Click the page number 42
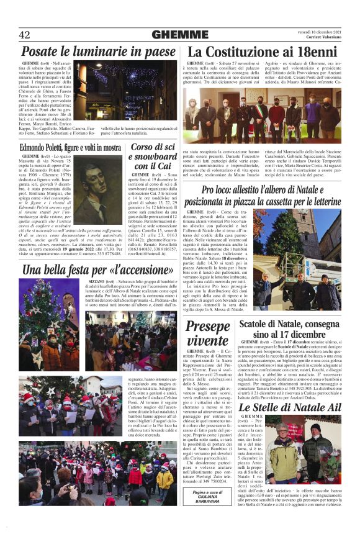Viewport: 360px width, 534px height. pyautogui.click(x=25, y=35)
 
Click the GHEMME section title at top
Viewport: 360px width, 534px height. pyautogui.click(x=179, y=35)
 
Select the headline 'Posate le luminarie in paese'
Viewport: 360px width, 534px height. pyautogui.click(x=98, y=52)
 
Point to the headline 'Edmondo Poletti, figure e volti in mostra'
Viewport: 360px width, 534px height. pyautogui.click(x=70, y=148)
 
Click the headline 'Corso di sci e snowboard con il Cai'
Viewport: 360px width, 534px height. pyautogui.click(x=152, y=156)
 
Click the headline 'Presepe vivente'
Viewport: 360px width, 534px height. pyautogui.click(x=208, y=334)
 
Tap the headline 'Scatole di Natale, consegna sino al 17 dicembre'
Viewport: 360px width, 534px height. pyautogui.click(x=290, y=330)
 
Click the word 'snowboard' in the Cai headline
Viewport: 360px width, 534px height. pyautogui.click(x=152, y=156)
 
